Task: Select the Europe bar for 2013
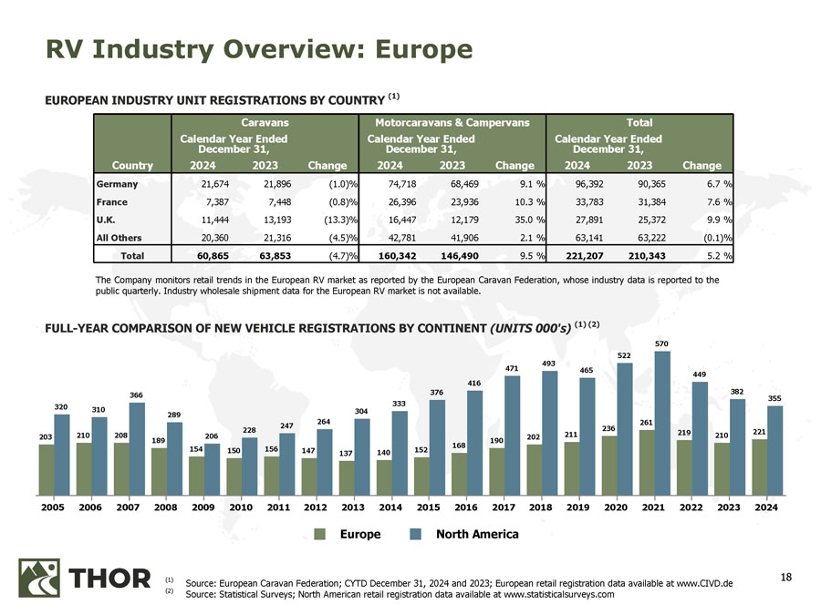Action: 346,475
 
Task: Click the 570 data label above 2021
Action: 663,343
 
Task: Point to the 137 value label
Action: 346,453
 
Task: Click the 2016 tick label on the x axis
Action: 465,507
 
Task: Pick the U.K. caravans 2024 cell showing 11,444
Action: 213,220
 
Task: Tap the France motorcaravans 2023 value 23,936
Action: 447,202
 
